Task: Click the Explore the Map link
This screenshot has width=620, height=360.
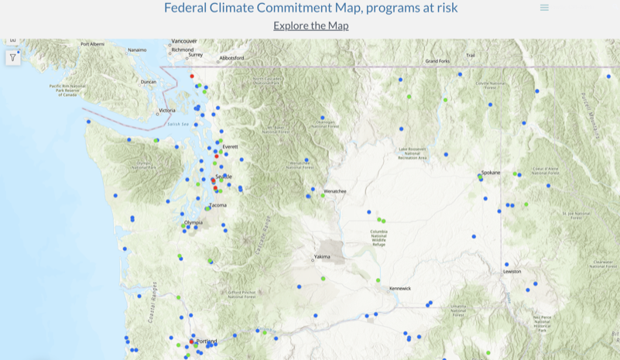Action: [311, 26]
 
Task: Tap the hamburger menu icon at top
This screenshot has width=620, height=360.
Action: [544, 8]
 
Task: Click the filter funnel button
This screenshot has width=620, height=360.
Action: [13, 57]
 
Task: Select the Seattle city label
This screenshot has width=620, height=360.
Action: [224, 177]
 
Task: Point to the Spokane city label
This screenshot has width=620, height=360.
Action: [491, 172]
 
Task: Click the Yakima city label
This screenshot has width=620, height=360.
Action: [322, 256]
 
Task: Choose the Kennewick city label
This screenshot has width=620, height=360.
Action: [399, 288]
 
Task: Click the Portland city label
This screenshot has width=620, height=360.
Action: [207, 341]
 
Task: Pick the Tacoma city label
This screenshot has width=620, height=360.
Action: [218, 205]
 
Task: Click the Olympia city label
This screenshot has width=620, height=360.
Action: [194, 222]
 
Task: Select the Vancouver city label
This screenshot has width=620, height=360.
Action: [185, 41]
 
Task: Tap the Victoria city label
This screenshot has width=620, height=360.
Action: [166, 111]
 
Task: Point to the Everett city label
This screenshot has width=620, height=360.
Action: [230, 146]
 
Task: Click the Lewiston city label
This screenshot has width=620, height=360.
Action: [512, 272]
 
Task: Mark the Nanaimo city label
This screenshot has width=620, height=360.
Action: [137, 50]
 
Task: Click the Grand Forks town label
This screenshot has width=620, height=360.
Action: [437, 61]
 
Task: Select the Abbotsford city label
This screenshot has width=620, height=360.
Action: [231, 58]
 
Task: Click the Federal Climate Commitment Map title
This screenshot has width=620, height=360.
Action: [310, 8]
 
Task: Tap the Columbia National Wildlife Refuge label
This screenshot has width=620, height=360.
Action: [379, 238]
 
